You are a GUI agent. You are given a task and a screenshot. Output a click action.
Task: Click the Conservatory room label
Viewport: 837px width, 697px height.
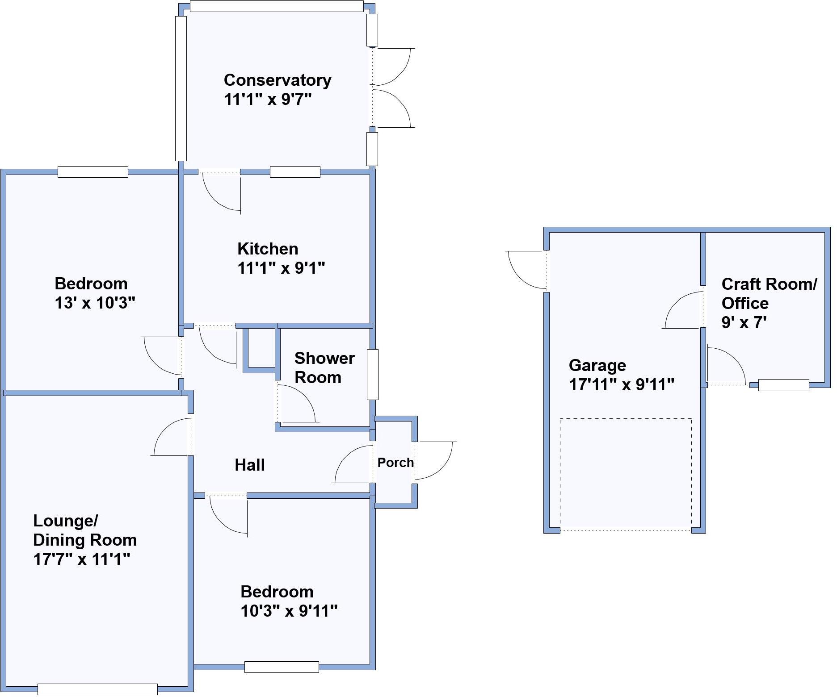pos(278,80)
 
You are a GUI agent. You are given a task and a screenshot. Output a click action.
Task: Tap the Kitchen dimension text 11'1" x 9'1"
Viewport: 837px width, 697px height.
pos(281,268)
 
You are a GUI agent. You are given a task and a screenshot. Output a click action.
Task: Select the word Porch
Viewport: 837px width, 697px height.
pos(395,463)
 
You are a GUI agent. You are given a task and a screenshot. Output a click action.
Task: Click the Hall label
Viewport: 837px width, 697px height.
pos(250,465)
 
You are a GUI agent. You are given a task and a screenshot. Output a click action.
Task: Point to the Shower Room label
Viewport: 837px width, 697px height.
pos(324,368)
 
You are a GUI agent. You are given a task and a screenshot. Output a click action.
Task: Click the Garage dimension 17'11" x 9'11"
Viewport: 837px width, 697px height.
pos(622,384)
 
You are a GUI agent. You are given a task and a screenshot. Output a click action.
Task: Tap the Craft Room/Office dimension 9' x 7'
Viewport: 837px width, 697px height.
pos(744,322)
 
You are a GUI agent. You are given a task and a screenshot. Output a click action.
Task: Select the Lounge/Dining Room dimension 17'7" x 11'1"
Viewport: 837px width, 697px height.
pos(82,559)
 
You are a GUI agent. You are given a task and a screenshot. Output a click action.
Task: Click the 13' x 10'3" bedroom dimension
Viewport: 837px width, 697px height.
pos(95,303)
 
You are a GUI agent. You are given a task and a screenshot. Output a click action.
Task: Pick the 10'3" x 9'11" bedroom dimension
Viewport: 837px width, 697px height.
pos(289,610)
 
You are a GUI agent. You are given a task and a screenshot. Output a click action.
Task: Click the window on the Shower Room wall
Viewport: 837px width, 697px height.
pos(373,374)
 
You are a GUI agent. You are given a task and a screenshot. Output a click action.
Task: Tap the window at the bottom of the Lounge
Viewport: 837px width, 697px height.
pos(97,689)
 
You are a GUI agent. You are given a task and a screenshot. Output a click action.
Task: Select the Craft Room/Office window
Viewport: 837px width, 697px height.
pos(783,385)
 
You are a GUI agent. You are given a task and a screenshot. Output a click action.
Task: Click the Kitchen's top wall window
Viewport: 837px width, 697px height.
pos(295,172)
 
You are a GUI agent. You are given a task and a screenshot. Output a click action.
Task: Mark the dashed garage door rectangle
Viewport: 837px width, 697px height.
pos(626,474)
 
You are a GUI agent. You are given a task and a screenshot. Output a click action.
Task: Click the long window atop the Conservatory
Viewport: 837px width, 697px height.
pos(276,6)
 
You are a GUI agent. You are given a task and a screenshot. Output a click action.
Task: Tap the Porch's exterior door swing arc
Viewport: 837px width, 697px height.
pos(440,464)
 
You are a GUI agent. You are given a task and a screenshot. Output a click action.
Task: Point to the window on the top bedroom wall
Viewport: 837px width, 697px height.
pos(93,172)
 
